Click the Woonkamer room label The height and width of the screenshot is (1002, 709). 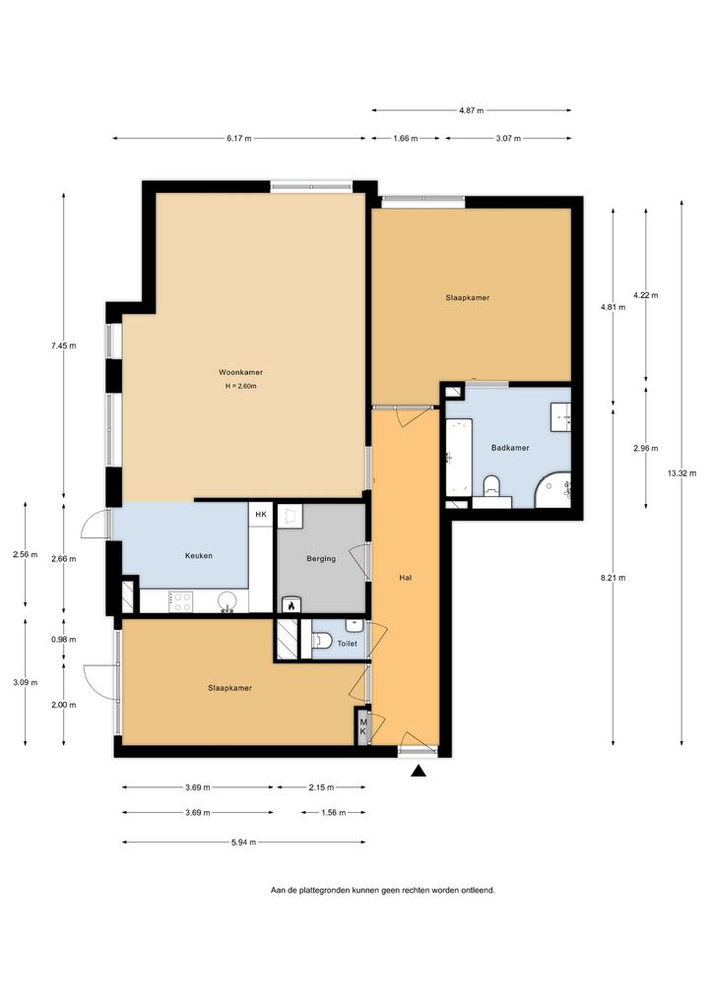coord(240,372)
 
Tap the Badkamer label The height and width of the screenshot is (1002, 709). coord(510,448)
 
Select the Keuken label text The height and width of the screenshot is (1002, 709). coord(199,555)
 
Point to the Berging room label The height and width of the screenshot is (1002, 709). coord(321,558)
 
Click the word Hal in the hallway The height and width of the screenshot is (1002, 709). coord(405,577)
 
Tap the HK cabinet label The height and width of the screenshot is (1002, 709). coord(261,514)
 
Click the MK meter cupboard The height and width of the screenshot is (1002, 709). coord(363,726)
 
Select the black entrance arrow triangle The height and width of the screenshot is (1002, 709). coord(419,772)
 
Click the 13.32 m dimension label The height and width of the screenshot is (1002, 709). coord(681,473)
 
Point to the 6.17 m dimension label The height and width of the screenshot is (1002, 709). coord(239,138)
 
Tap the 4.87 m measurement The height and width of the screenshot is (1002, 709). coord(471,110)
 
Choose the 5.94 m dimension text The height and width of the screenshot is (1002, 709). coord(243,843)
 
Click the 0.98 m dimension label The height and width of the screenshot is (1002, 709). coord(63,640)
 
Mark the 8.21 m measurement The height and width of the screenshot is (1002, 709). coord(612,578)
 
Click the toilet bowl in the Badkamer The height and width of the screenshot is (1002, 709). coord(491,485)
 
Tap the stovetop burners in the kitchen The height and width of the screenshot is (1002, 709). coord(180,601)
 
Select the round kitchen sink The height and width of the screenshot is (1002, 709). coord(226,601)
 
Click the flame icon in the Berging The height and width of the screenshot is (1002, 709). coord(290,605)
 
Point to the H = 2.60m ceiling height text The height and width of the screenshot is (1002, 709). coord(240,386)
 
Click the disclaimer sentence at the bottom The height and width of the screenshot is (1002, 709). coord(382,890)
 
